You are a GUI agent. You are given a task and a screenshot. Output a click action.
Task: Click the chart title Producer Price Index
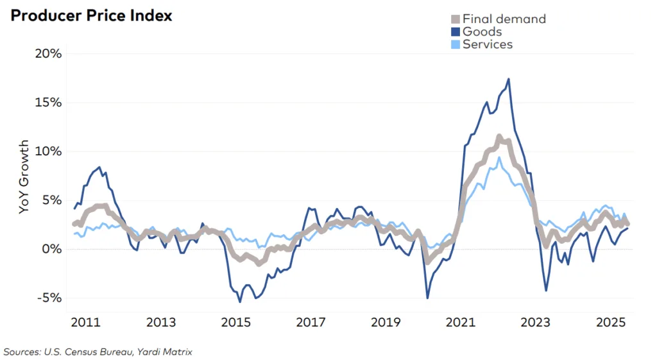coord(91,16)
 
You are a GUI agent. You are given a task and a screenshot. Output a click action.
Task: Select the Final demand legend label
coord(504,19)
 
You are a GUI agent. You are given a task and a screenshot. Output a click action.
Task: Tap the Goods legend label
coord(482,31)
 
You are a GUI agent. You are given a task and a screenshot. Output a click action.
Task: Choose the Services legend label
coord(488,44)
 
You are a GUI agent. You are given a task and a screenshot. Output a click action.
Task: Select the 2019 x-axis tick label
coord(386,322)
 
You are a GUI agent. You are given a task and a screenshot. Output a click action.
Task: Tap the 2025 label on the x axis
coord(610,322)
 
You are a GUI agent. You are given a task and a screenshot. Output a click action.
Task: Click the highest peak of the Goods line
coord(509,80)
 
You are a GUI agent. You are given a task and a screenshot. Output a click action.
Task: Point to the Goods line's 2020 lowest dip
coord(427,298)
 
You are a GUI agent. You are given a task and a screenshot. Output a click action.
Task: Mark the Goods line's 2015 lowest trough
coord(240,302)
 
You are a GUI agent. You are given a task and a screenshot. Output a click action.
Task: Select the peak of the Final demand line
coord(499,136)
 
